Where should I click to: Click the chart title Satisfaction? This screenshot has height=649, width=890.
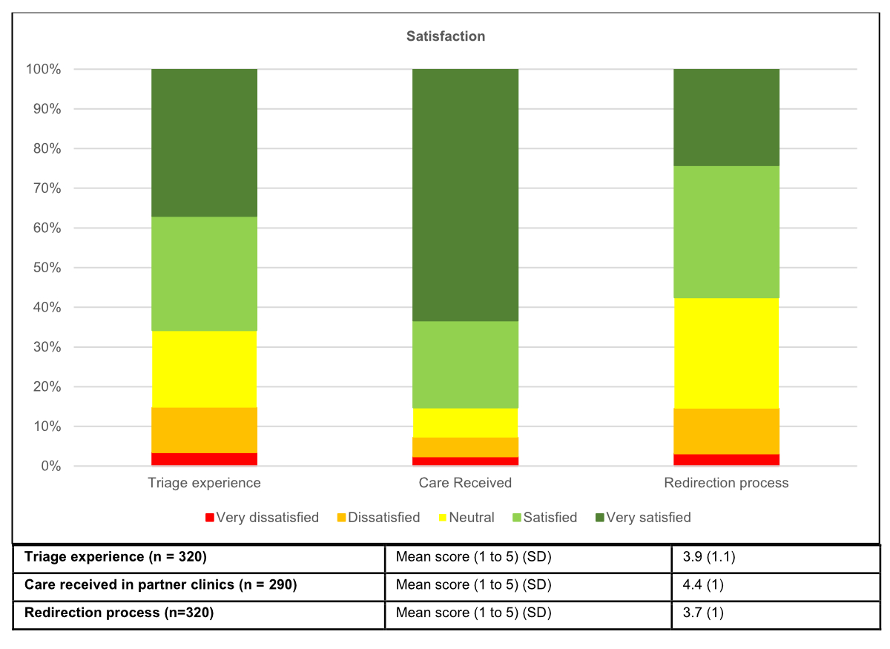pos(445,36)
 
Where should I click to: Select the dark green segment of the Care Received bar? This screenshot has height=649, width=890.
pos(465,194)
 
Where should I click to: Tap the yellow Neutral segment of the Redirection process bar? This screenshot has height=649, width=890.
pos(726,353)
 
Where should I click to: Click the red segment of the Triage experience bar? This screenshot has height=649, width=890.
pos(204,459)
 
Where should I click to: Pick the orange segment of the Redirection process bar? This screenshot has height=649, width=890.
pos(726,431)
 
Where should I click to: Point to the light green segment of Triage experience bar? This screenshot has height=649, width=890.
pos(204,274)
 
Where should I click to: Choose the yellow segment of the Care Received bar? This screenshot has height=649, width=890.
pos(465,423)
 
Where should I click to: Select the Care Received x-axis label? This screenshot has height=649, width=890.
pos(465,483)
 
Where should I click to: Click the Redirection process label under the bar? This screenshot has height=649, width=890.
pos(726,483)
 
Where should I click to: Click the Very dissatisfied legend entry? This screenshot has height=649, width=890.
pos(261,518)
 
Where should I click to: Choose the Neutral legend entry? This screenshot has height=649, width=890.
pos(464,518)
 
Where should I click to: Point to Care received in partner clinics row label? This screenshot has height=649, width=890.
pos(160,585)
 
